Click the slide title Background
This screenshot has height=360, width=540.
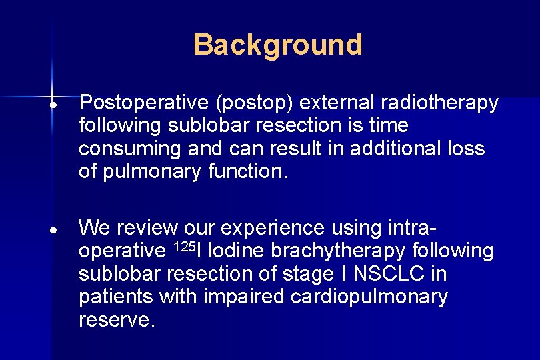pos(277,45)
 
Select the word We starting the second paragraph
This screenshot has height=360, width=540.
pos(94,228)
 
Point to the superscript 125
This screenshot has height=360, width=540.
pos(185,247)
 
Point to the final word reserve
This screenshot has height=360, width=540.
pos(117,319)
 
